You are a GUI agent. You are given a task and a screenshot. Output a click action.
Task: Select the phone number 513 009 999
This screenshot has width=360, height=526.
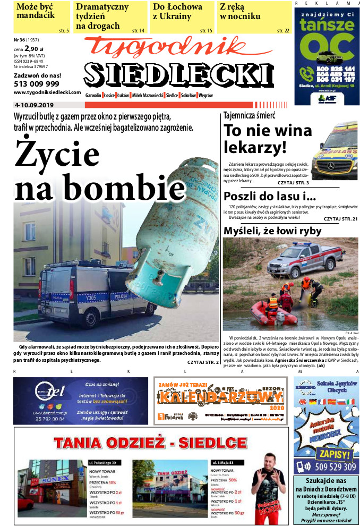pos(36,84)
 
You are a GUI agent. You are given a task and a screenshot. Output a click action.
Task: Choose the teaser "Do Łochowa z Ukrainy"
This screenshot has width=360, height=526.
pos(177,12)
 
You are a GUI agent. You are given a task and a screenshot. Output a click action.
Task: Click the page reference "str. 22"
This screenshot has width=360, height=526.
pos(283,31)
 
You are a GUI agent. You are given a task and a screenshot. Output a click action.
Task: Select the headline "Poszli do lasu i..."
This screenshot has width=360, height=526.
pos(262,196)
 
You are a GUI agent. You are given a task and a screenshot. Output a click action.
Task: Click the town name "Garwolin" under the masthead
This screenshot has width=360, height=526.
pos(94,95)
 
